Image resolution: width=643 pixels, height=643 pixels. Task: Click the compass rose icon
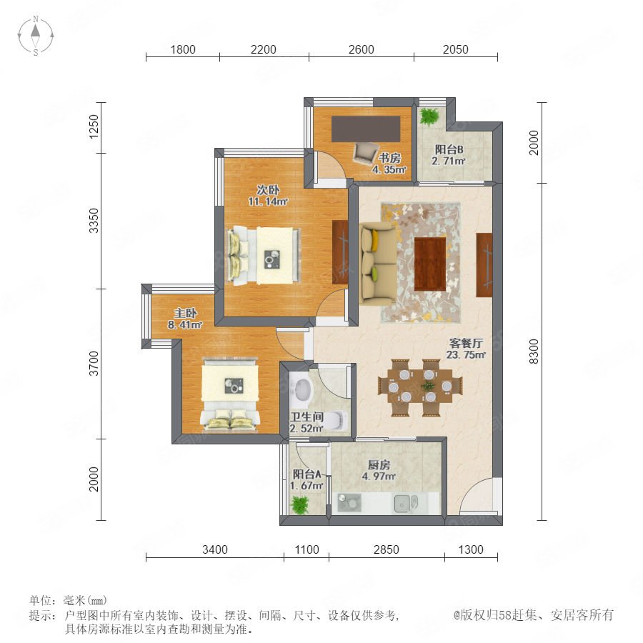(36, 36)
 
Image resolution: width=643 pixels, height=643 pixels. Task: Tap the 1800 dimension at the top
(183, 49)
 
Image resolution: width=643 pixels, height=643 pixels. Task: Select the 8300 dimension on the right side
(534, 352)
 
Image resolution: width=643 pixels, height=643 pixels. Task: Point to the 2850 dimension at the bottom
(387, 549)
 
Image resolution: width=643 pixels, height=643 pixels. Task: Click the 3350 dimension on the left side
(94, 221)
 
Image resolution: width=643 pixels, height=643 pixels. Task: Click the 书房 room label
(389, 157)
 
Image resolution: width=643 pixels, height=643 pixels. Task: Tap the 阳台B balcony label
(449, 149)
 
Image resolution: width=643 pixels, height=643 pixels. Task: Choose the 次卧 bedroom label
(268, 190)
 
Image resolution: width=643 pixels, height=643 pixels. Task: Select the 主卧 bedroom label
(185, 314)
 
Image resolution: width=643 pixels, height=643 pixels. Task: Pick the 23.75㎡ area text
(466, 354)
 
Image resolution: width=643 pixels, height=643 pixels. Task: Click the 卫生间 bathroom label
(307, 417)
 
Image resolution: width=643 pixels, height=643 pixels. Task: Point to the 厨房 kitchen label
(379, 465)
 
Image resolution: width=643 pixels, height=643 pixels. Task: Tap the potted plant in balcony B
(429, 116)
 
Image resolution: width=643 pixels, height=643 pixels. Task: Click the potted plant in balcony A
(300, 504)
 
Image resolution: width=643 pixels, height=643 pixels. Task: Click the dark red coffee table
(430, 264)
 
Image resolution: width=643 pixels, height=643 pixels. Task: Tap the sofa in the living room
(378, 264)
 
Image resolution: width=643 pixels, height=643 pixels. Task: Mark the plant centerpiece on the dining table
(428, 386)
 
